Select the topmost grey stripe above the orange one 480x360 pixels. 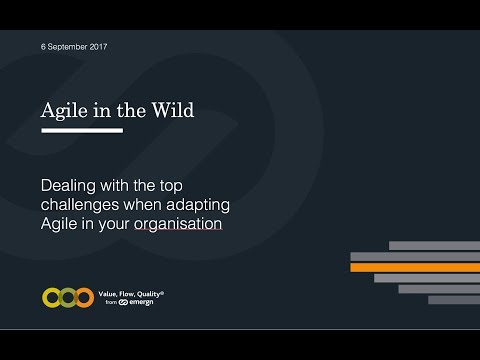(x=433, y=245)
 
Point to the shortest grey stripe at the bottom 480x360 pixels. (x=453, y=299)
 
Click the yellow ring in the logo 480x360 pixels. (x=54, y=297)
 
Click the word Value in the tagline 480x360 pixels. (x=117, y=292)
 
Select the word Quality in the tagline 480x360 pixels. (x=153, y=292)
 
